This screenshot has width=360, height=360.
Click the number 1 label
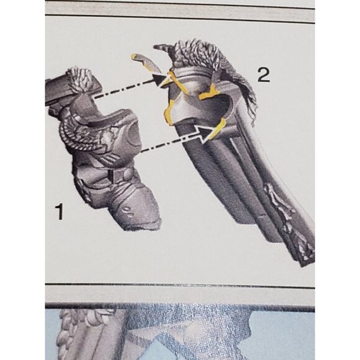59,212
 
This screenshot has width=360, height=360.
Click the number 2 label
263,75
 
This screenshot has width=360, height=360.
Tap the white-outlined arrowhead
205,133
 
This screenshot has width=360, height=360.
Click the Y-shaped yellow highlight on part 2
209,93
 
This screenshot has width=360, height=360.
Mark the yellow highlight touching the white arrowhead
217,128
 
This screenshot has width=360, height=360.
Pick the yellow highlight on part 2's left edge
169,112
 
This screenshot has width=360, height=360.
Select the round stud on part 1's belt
128,174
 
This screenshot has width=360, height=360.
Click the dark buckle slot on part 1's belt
111,176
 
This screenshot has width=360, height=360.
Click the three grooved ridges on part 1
112,156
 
